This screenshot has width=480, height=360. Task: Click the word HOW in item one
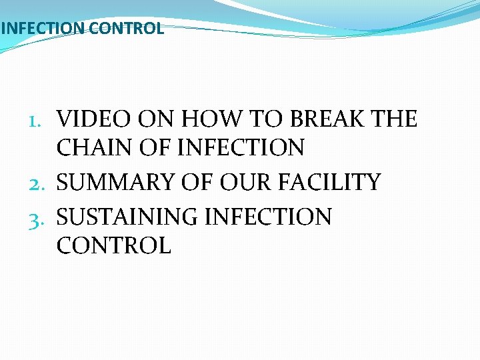coord(205,120)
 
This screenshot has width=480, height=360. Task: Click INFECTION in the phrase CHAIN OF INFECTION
coord(241,148)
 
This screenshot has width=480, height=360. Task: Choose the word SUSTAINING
coord(127,217)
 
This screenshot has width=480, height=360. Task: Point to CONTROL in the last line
coord(114,245)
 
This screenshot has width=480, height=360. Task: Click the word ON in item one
coord(156,120)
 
